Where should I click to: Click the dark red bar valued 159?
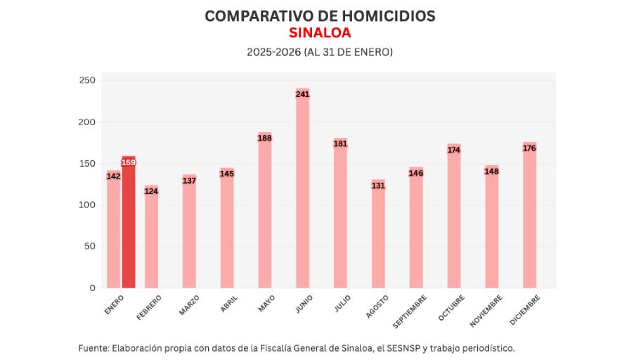click(129, 225)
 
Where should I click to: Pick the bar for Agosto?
click(379, 235)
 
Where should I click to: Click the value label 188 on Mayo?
click(265, 139)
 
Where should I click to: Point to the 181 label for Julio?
click(341, 144)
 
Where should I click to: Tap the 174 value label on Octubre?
click(454, 150)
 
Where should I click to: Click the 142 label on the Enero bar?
click(113, 176)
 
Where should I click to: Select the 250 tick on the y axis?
click(87, 81)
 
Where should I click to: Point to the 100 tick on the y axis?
click(87, 205)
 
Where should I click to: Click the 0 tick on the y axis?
click(92, 288)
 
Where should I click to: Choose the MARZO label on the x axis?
click(189, 305)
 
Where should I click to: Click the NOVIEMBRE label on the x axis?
click(486, 310)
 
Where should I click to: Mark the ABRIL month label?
click(229, 303)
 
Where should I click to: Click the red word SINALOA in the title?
click(320, 33)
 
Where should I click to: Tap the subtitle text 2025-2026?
click(273, 52)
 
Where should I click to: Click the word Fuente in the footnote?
click(93, 347)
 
